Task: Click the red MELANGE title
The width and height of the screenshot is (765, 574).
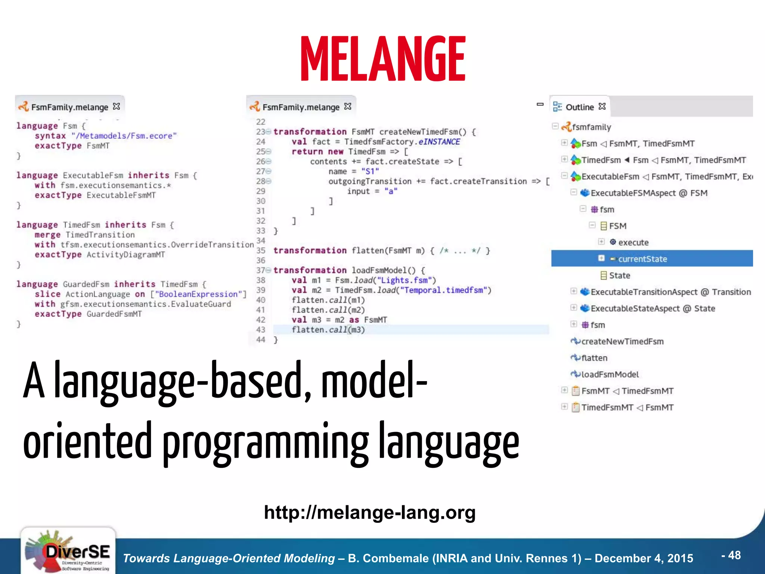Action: pyautogui.click(x=383, y=59)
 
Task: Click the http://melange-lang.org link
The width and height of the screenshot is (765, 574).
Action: pyautogui.click(x=369, y=512)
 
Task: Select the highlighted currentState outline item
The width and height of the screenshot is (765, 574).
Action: pyautogui.click(x=642, y=259)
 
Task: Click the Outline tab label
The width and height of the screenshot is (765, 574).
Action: pyautogui.click(x=579, y=107)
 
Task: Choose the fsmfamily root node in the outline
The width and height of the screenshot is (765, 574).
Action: pyautogui.click(x=591, y=127)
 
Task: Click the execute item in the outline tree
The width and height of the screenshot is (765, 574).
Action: pyautogui.click(x=633, y=243)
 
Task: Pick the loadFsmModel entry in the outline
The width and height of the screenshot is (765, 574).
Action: pyautogui.click(x=610, y=374)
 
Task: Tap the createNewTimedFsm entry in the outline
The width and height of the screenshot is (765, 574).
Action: pyautogui.click(x=622, y=342)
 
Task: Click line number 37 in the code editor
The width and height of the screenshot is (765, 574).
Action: pyautogui.click(x=260, y=270)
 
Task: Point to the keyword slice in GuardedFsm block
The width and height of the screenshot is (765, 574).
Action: pyautogui.click(x=47, y=294)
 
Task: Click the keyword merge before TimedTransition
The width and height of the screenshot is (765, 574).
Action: pyautogui.click(x=47, y=235)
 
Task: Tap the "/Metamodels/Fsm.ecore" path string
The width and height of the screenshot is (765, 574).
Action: pyautogui.click(x=124, y=136)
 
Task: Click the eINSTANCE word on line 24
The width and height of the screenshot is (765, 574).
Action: pyautogui.click(x=439, y=142)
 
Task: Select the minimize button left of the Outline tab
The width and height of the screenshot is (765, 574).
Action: pyautogui.click(x=540, y=104)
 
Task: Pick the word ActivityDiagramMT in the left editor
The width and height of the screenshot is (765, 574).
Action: pyautogui.click(x=126, y=255)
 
